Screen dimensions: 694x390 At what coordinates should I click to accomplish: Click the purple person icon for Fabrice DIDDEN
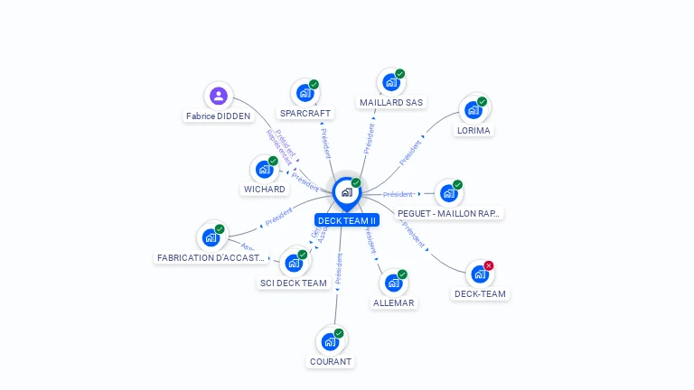pos(218,96)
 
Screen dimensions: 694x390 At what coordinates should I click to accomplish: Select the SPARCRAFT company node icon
pos(305,92)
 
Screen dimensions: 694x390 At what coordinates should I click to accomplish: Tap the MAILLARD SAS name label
pos(391,103)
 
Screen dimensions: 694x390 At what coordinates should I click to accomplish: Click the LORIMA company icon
pos(473,110)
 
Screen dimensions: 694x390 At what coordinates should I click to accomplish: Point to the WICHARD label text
pos(264,190)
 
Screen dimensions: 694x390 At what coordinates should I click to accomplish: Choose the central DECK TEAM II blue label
pos(347,220)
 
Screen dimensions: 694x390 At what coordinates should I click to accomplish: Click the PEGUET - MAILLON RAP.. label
pos(449,214)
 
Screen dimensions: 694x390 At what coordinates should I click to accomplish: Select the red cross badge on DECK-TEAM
pos(489,265)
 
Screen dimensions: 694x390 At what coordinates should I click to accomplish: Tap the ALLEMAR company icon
pos(393,283)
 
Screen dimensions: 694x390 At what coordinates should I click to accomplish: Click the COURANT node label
pos(330,361)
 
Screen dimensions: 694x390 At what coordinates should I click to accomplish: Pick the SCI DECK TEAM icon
pos(293,263)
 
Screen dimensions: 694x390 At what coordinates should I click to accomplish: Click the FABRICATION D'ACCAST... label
pos(211,257)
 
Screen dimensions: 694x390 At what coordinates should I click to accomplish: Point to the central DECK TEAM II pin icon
pos(346,192)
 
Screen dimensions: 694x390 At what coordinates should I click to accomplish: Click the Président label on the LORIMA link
pos(411,149)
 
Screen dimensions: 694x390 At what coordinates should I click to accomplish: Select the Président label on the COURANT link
pos(339,269)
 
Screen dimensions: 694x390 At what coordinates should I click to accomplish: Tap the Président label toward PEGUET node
pos(398,194)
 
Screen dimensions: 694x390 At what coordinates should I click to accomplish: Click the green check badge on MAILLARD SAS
pos(400,74)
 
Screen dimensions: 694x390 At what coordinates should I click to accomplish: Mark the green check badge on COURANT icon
pos(339,333)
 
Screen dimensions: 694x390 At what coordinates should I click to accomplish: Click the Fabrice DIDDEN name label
pos(218,116)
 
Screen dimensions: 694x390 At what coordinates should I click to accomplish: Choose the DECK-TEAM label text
pos(480,293)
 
